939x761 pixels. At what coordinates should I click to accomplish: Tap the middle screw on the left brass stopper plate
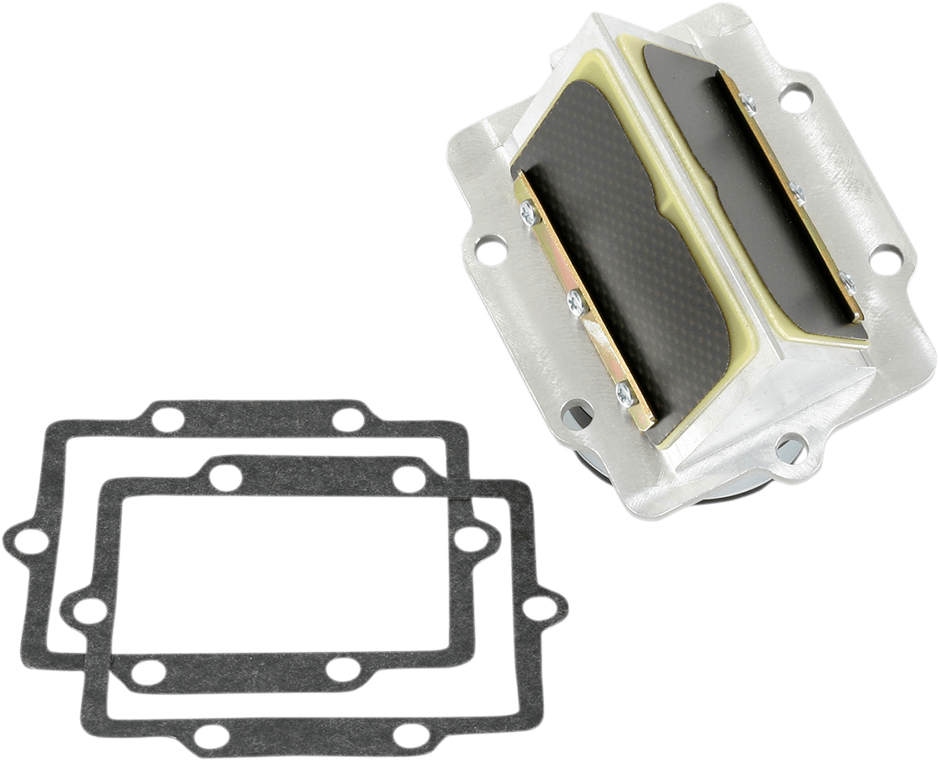coord(576,303)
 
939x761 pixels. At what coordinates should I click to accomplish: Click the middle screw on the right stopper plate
coord(796,194)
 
